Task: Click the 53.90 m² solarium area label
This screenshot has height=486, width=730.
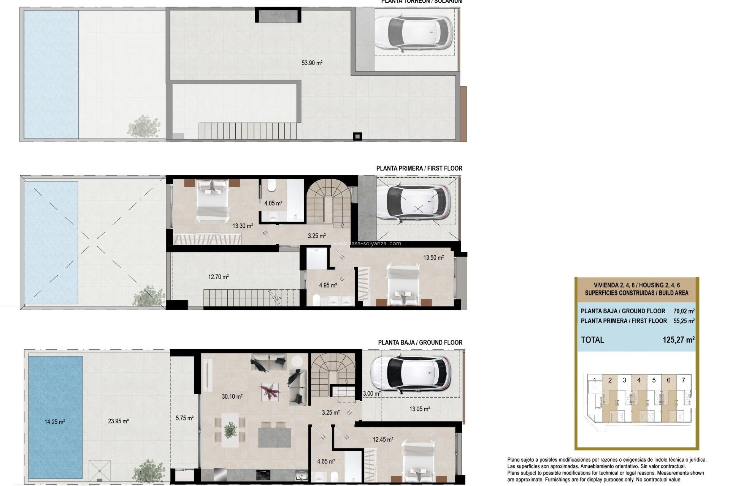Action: [312, 63]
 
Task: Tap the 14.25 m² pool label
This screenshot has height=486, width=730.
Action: [55, 422]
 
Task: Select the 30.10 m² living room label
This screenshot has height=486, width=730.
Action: [232, 396]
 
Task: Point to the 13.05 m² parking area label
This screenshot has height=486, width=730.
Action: [419, 409]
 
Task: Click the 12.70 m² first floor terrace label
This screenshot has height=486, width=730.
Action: [218, 277]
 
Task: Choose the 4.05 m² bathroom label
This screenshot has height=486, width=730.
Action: [273, 203]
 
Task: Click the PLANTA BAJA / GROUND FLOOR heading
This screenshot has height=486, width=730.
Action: [420, 342]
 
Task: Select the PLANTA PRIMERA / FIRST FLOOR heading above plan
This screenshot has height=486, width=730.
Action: [419, 168]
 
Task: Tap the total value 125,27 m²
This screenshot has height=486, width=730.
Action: [678, 340]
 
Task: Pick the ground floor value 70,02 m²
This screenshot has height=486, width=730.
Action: [684, 311]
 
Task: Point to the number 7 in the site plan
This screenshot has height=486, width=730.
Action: [683, 380]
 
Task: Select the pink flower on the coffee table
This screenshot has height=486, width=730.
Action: [270, 391]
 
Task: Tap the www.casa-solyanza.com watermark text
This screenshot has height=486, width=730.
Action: [367, 244]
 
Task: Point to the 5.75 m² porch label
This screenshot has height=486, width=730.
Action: [184, 418]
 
